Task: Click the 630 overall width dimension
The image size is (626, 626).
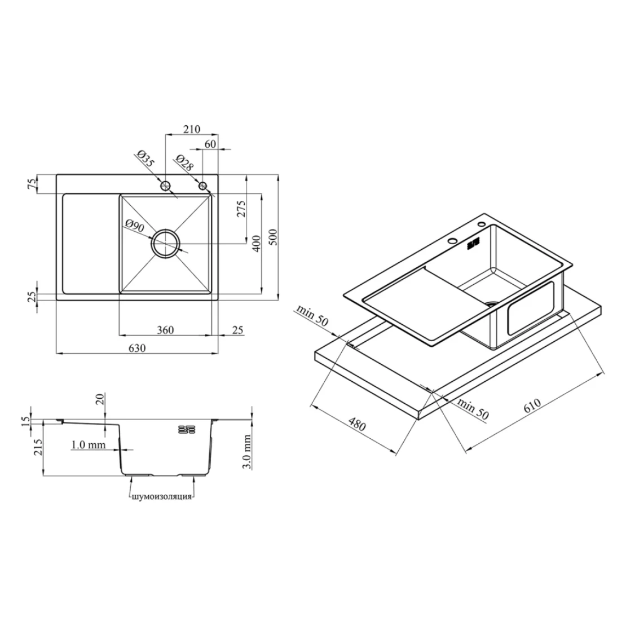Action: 137,348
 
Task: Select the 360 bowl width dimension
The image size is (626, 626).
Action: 165,330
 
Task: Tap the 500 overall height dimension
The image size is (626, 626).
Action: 273,237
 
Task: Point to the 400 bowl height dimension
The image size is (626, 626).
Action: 256,243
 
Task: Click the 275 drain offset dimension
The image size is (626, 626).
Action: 241,209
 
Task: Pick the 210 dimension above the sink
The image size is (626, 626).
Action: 192,129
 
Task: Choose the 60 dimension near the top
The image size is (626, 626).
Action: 210,144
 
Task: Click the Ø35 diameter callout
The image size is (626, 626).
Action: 145,158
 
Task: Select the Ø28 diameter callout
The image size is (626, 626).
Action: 184,162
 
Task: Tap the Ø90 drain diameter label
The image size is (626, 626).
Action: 134,226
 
